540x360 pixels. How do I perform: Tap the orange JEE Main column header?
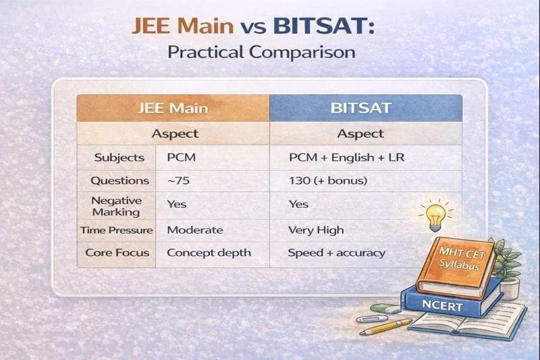tap(173, 108)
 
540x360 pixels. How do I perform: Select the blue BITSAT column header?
tap(366, 108)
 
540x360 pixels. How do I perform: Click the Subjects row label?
tap(119, 157)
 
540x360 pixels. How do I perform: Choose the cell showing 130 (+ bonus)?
tap(327, 181)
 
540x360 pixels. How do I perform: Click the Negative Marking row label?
tap(117, 205)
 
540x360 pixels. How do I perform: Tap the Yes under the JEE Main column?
tap(177, 204)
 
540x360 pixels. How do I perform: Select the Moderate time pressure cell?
tap(195, 230)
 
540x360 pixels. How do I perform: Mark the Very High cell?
tap(315, 230)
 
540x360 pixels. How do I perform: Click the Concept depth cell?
tap(209, 253)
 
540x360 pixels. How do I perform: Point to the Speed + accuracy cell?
tap(336, 253)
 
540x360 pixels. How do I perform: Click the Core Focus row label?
tap(117, 253)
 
